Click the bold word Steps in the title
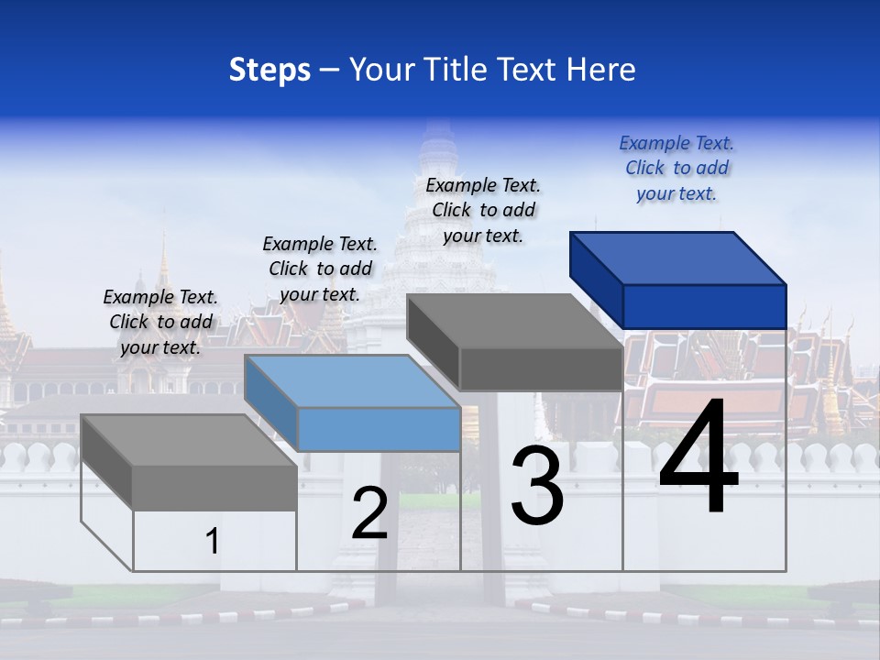pos(269,70)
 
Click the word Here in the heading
pos(601,70)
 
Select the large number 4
pos(698,458)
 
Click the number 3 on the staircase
pos(537,486)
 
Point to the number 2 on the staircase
pos(370,513)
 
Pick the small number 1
pos(213,542)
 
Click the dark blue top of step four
pos(678,258)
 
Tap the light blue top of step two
pos(353,380)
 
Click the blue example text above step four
pos(676,168)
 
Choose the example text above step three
pos(483,210)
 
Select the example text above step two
pos(320,269)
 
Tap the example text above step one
pos(160,322)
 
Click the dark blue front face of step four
pos(704,306)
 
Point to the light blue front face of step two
pos(379,429)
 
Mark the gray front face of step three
pos(541,369)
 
